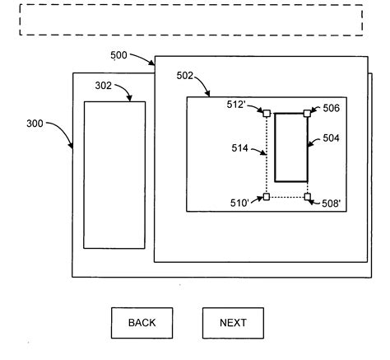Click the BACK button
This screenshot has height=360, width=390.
click(142, 322)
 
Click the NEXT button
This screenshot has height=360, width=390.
click(233, 322)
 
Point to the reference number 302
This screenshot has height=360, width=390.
click(103, 86)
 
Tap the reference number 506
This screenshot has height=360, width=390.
click(331, 108)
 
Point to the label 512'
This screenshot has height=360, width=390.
click(239, 105)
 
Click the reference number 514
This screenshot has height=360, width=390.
click(240, 149)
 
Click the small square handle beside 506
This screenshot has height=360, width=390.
click(307, 113)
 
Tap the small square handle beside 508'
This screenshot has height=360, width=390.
click(307, 197)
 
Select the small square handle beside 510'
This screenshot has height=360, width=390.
click(266, 197)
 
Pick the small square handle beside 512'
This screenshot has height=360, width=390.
click(266, 113)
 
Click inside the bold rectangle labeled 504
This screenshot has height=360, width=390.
click(290, 147)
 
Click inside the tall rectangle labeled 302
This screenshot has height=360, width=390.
click(114, 174)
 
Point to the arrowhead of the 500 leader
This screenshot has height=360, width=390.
click(153, 64)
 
